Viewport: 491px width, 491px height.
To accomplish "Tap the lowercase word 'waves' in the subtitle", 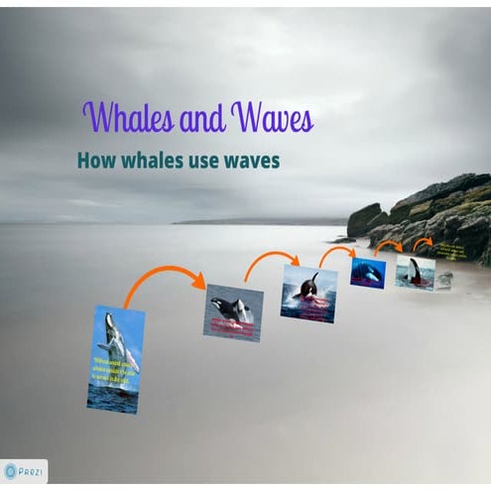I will click(x=255, y=160).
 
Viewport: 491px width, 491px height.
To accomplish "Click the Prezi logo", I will click(x=24, y=471).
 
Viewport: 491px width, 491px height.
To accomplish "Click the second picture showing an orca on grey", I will click(x=234, y=312).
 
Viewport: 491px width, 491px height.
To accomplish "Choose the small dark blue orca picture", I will click(x=367, y=273).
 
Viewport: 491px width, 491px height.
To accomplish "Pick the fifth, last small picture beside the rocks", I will click(x=415, y=271).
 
